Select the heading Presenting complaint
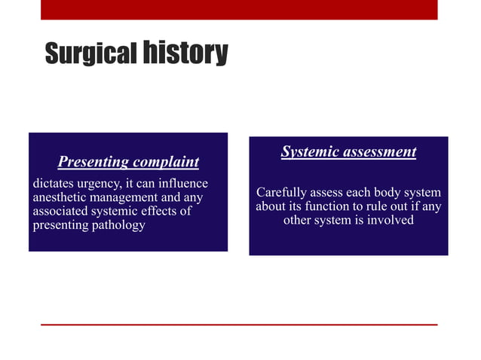[128, 162]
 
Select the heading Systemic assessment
[348, 152]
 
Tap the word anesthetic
[63, 198]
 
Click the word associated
[63, 212]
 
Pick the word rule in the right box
[381, 206]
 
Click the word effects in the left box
[161, 212]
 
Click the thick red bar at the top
[239, 9]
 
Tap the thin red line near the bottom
[239, 325]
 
